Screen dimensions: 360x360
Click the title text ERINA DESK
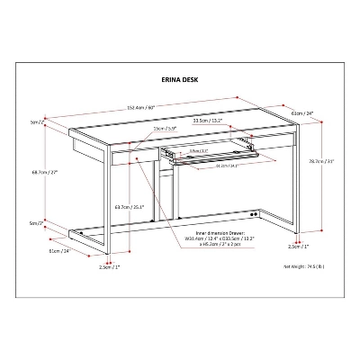[179, 78]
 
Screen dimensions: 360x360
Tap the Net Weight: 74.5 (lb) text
[306, 268]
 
